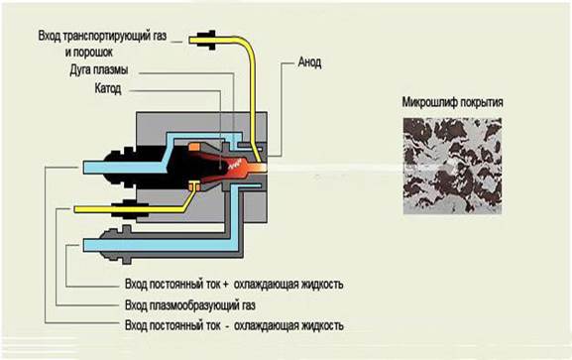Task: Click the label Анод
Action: click(309, 62)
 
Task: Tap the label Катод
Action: click(108, 88)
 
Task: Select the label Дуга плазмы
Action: click(99, 69)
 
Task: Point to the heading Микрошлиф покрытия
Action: click(452, 102)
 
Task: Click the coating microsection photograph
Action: click(452, 166)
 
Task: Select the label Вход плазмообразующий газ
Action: click(190, 305)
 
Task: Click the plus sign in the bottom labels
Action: click(225, 285)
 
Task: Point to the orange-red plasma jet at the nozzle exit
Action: click(256, 168)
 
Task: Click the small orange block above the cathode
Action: click(194, 147)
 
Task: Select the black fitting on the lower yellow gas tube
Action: click(130, 209)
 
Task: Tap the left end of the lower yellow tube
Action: click(74, 209)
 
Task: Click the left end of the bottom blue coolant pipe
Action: click(84, 245)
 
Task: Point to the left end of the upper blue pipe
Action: click(84, 168)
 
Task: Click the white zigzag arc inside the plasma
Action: click(236, 164)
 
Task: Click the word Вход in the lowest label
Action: click(136, 325)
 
